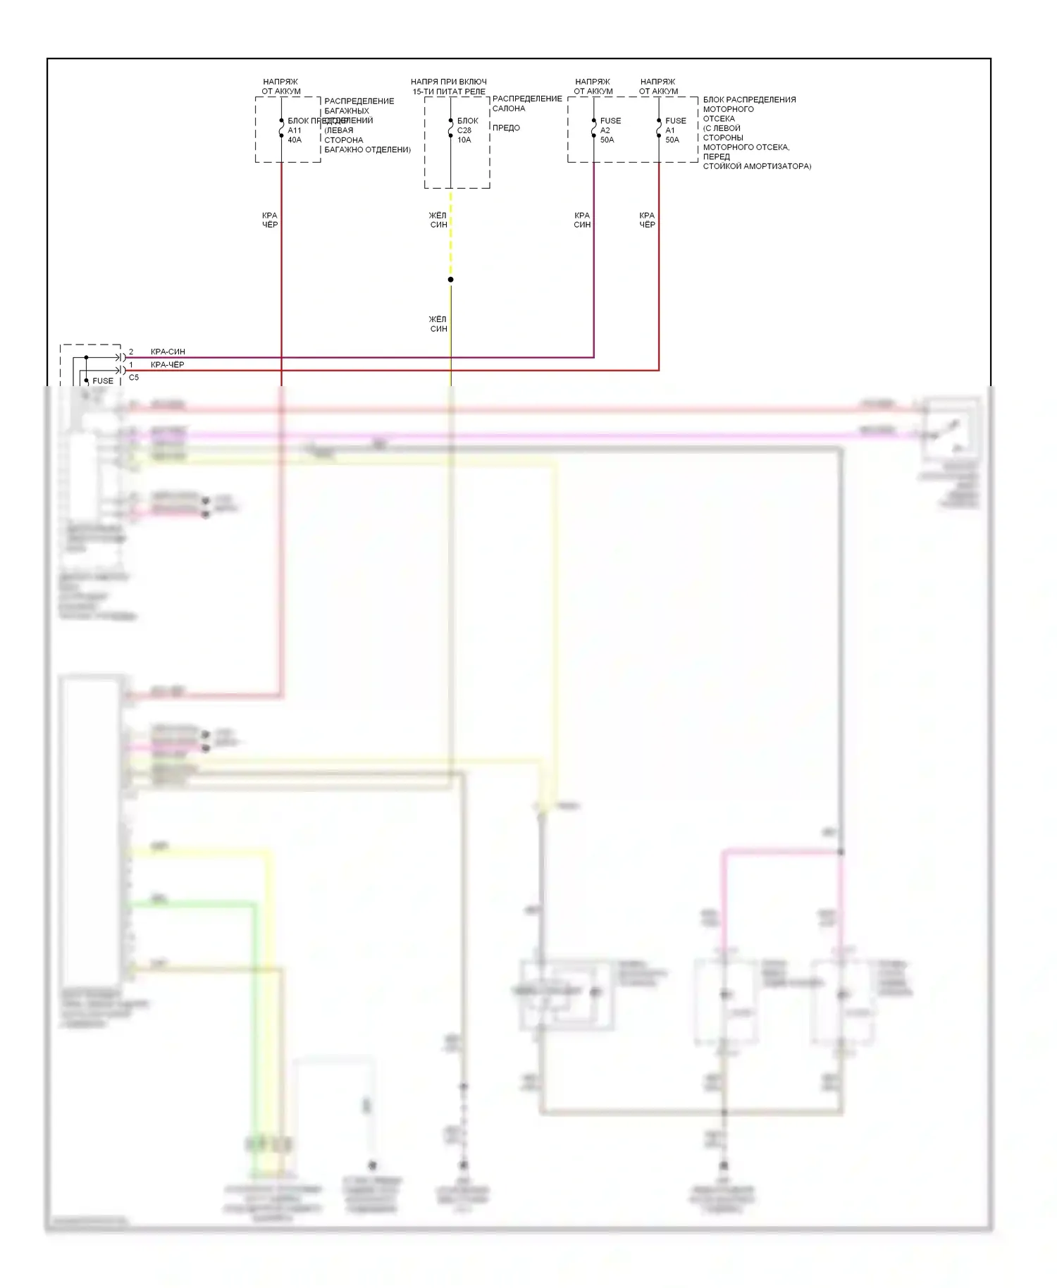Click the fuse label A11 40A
click(295, 135)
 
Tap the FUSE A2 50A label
click(609, 130)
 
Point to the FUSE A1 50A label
click(674, 130)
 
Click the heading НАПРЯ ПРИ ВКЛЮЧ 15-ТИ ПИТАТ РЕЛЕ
click(449, 87)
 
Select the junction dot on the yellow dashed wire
click(451, 280)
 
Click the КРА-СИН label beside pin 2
click(168, 352)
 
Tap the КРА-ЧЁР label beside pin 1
click(167, 365)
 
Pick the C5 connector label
click(134, 378)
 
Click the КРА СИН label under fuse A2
click(582, 220)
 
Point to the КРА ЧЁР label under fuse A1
click(647, 220)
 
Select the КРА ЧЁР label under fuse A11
click(270, 220)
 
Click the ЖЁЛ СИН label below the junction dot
click(438, 324)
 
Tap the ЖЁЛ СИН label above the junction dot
click(438, 220)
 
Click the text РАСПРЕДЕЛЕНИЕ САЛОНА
click(526, 104)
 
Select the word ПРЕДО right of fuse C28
click(506, 128)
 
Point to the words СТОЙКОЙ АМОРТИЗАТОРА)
click(757, 166)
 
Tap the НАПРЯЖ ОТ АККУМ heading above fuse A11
click(280, 87)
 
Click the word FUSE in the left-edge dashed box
click(103, 381)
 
